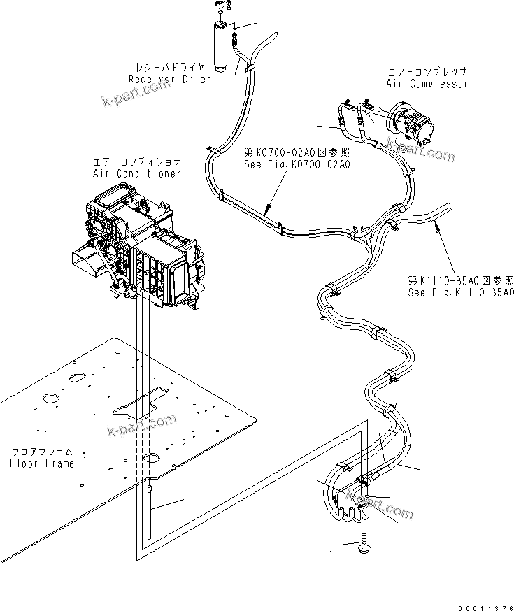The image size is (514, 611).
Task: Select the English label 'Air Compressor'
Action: [x=427, y=84]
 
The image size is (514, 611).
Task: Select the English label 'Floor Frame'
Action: [x=42, y=463]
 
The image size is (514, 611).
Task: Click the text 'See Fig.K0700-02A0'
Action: [x=297, y=164]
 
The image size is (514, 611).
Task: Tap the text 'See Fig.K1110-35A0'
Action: [x=461, y=292]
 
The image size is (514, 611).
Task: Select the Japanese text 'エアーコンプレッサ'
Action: [x=427, y=72]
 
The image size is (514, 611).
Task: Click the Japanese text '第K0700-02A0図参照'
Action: [x=297, y=152]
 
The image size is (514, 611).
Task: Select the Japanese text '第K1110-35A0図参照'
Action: [x=461, y=280]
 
